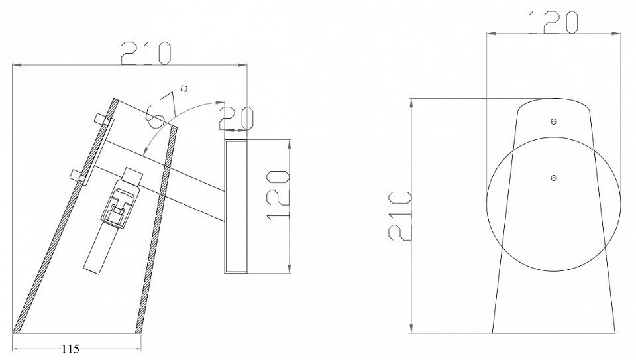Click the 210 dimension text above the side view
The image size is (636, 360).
tap(146, 53)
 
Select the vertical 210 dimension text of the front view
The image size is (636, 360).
tap(400, 215)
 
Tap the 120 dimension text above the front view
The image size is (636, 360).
tap(553, 23)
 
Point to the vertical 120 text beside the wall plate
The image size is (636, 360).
tap(278, 195)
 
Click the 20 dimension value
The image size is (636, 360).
tap(236, 118)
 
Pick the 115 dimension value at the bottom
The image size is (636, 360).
tap(71, 348)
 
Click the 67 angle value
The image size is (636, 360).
tap(161, 109)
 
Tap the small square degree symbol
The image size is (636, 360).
tap(184, 88)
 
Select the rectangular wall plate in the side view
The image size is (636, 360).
tap(236, 206)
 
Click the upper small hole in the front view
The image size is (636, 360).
tap(554, 121)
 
